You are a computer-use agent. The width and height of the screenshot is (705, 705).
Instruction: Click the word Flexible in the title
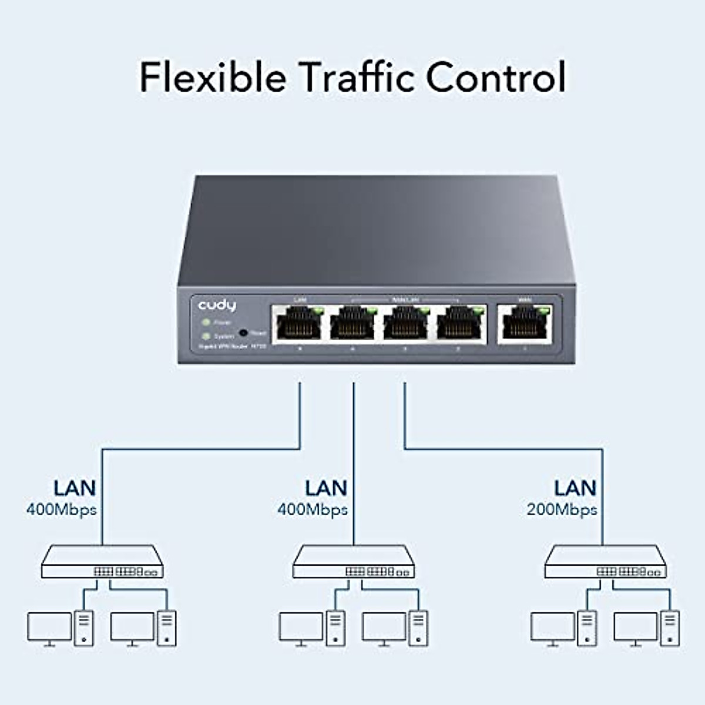click(213, 77)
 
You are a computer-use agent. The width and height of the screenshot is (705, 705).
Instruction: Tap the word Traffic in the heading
click(356, 77)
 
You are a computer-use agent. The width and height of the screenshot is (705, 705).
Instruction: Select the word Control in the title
click(495, 77)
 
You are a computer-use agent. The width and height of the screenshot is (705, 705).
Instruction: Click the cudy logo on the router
click(217, 305)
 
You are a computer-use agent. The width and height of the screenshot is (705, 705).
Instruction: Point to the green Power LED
click(206, 323)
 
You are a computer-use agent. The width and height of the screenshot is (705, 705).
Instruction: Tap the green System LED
click(206, 336)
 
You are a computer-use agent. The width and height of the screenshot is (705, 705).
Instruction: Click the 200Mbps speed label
click(562, 509)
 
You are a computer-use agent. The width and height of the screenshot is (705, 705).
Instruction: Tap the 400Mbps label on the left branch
click(61, 509)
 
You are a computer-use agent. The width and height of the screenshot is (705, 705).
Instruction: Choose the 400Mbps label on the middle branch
click(313, 509)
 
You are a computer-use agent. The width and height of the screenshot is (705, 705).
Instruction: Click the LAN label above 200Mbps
click(575, 488)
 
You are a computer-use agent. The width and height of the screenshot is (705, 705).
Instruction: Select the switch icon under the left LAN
click(102, 562)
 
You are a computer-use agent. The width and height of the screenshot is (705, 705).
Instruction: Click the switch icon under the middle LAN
click(353, 562)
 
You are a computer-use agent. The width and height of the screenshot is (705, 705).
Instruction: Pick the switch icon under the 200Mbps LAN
click(605, 562)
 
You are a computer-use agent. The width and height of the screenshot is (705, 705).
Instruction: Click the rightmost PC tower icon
click(670, 628)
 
